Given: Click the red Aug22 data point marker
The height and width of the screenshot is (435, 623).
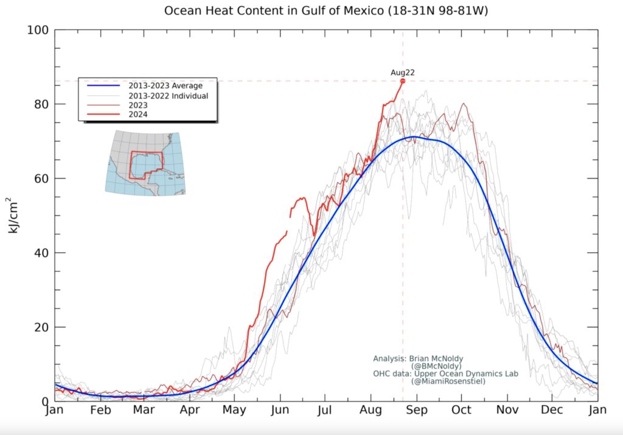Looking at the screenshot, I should pos(403,80).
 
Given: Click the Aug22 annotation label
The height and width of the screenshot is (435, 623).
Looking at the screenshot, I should pos(402,72).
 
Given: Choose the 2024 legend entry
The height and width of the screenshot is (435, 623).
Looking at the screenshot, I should pos(138,115).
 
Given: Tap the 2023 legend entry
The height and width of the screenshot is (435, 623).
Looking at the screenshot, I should pos(138,105).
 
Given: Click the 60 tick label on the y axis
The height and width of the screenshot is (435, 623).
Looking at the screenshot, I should pos(41,179).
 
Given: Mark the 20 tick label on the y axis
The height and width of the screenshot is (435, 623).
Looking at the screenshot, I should pos(41,327).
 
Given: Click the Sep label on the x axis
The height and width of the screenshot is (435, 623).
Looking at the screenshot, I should pos(416,411).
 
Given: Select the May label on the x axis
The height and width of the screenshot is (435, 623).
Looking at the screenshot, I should pos(234,411).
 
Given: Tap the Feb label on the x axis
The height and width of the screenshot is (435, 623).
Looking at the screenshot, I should pos(100,411).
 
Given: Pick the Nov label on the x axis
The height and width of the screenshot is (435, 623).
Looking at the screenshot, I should pos(507,411).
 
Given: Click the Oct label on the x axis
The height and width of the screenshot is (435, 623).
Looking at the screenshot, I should pos(462,411).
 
